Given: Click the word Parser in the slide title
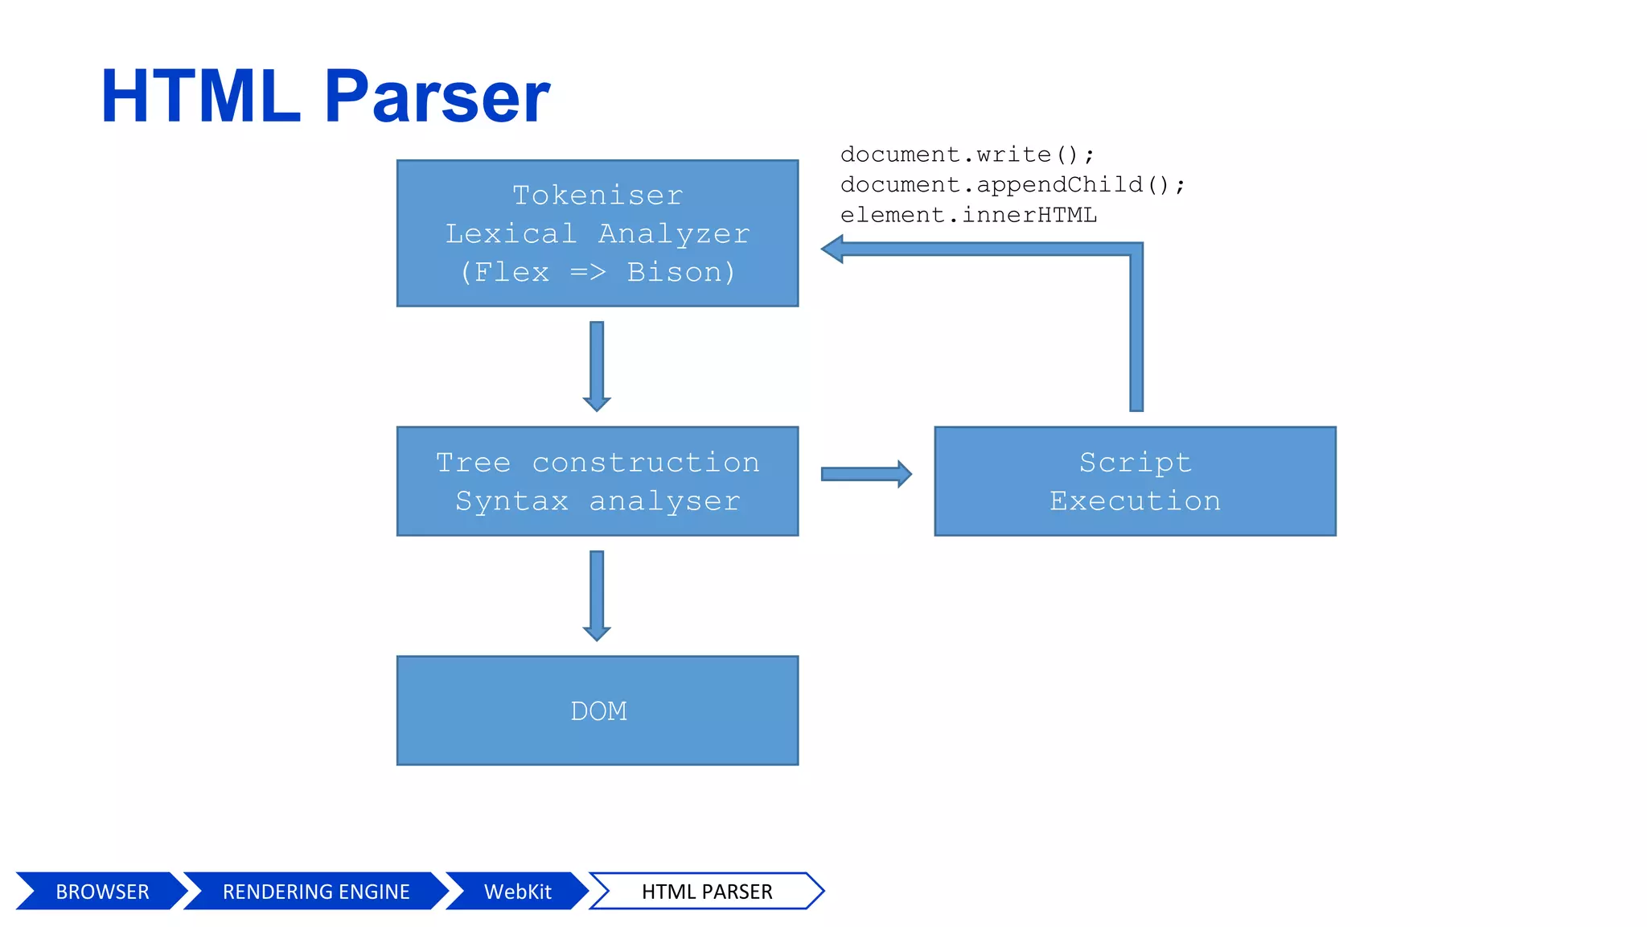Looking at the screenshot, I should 437,97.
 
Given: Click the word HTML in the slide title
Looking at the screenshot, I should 201,97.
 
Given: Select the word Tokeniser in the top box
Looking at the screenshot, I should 598,196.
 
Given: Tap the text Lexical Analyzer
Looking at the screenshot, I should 598,234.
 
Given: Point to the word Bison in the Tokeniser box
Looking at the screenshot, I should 674,272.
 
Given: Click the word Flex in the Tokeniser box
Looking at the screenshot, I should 511,272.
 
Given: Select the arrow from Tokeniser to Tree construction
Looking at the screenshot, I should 597,365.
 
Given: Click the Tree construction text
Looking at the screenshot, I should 598,463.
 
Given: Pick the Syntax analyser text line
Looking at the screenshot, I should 598,501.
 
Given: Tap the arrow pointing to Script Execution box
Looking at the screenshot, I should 865,474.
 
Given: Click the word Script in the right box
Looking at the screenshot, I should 1135,463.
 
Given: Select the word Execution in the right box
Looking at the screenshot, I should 1135,501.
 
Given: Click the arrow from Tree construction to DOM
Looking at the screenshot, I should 597,595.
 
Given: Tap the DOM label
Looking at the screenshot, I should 598,711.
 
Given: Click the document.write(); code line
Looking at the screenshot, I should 967,154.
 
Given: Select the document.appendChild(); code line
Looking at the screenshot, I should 1012,185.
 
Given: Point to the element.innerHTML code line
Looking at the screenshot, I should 968,216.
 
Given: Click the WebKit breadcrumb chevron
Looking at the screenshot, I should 517,892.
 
